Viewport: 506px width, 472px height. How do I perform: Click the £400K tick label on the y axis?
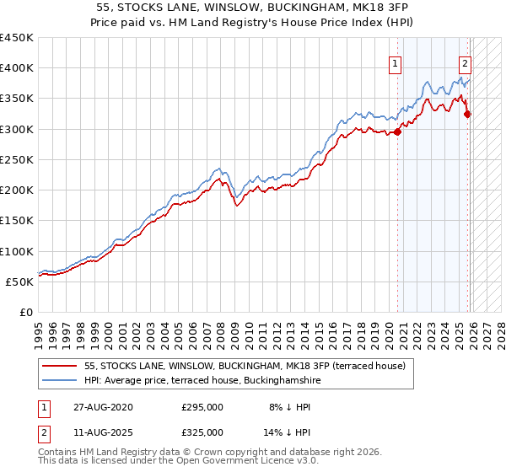click(x=17, y=68)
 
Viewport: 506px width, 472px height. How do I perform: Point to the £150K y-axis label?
click(x=17, y=221)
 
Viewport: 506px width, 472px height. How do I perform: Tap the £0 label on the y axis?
click(x=25, y=312)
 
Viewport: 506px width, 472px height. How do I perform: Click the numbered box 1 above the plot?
click(x=395, y=62)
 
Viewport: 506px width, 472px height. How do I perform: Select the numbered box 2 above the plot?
click(x=465, y=62)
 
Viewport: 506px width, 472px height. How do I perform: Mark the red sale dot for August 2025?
click(x=467, y=114)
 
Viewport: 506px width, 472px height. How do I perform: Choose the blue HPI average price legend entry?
click(x=202, y=381)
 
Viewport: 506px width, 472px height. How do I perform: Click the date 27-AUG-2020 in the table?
click(x=102, y=407)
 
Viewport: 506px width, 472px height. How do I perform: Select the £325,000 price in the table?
click(x=202, y=432)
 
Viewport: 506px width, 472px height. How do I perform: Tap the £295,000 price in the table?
click(x=202, y=407)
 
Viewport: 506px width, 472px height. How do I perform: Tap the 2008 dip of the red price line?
click(x=236, y=205)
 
